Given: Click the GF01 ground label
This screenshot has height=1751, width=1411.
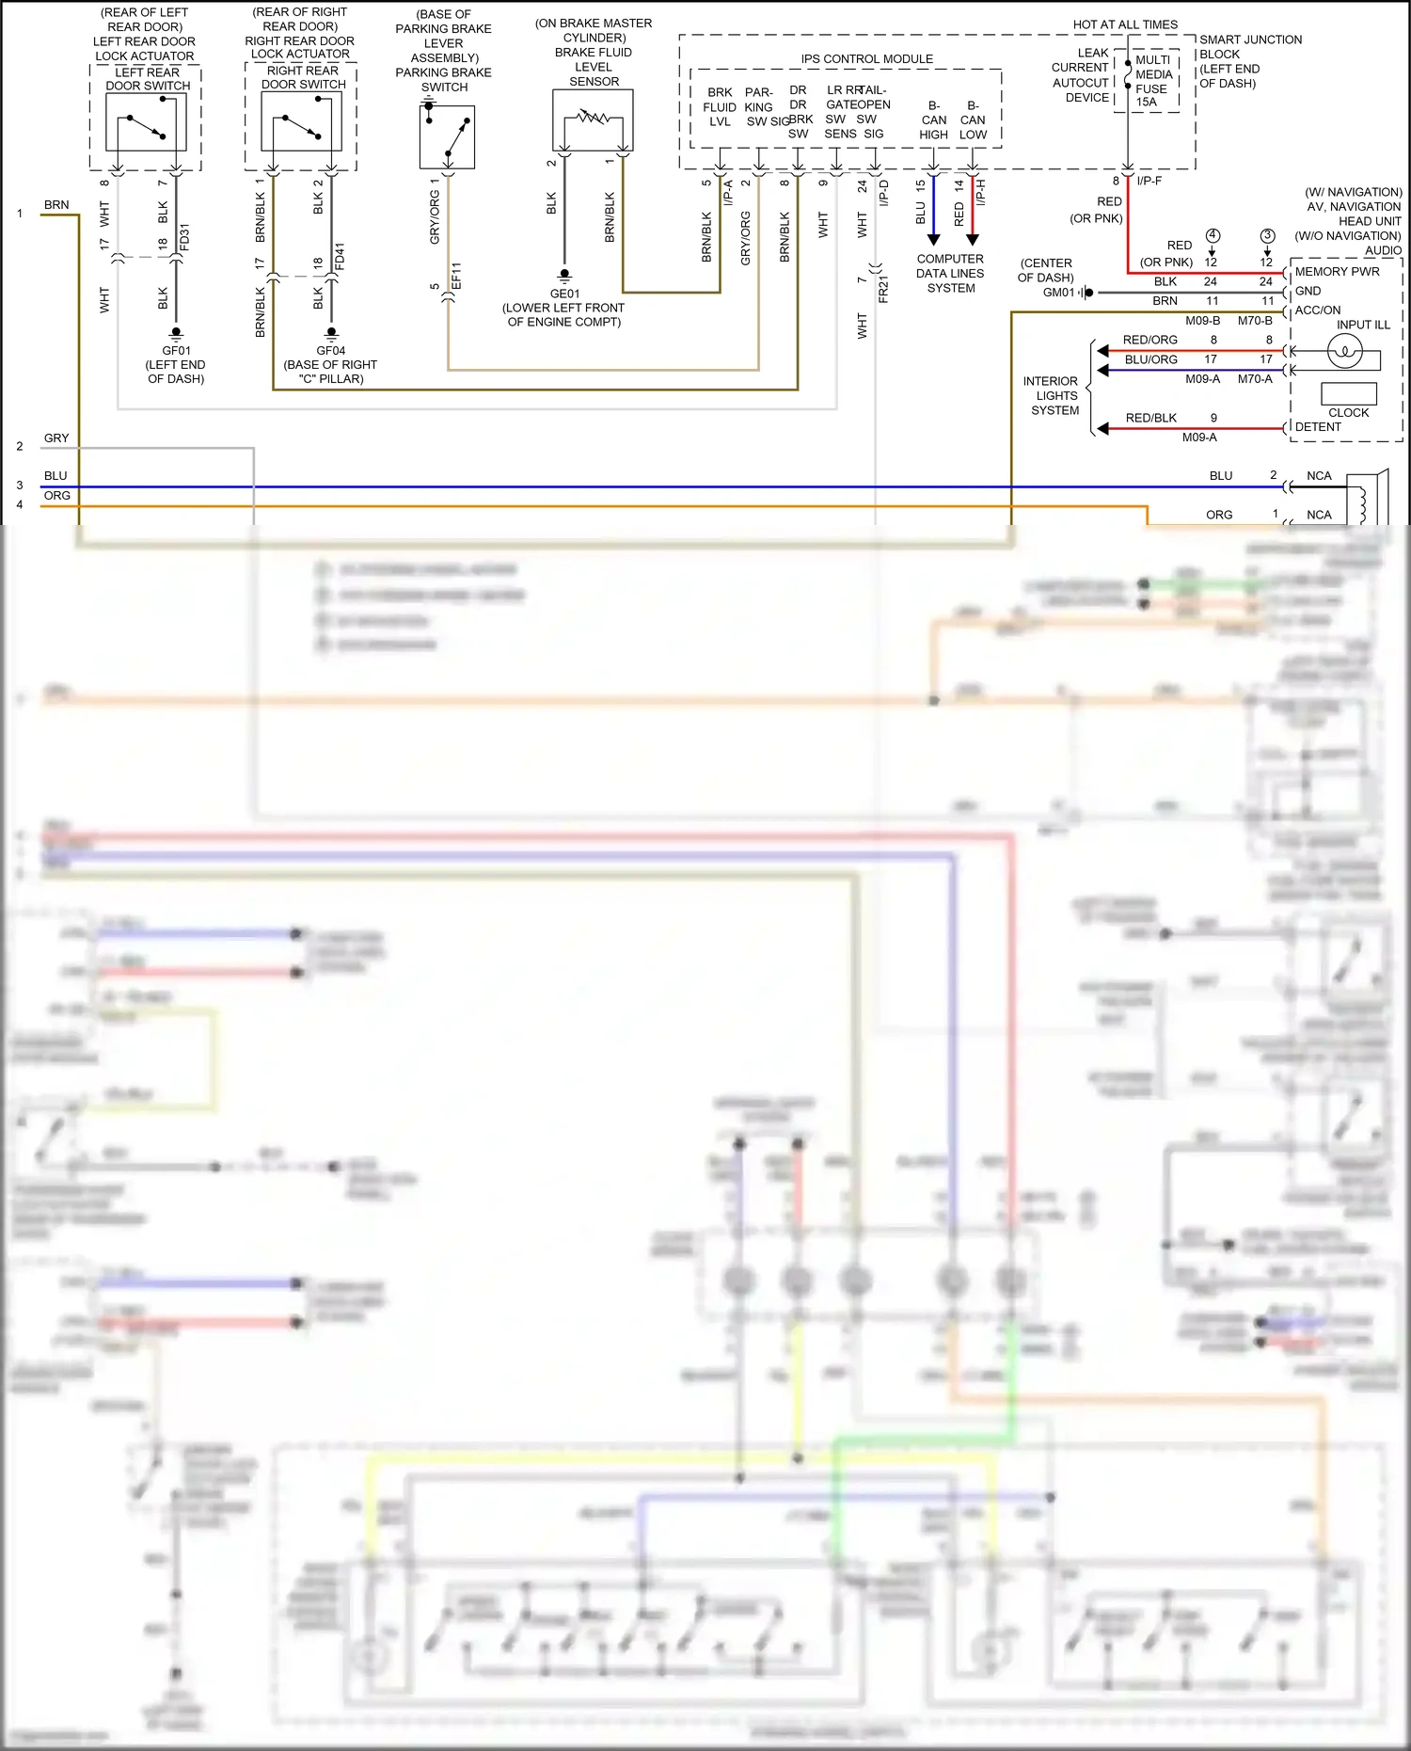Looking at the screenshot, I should (x=176, y=351).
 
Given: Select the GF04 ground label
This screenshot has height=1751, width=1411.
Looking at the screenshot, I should (x=331, y=351).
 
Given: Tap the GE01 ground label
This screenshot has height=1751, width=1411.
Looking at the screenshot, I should (x=564, y=294).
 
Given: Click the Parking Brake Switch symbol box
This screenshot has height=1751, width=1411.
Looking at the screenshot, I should (x=447, y=137).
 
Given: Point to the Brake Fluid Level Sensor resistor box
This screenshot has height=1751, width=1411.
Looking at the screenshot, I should (x=593, y=120).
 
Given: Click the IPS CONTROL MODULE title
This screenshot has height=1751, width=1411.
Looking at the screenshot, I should (x=866, y=58).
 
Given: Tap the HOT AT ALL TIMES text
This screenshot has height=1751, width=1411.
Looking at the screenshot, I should (x=1125, y=24).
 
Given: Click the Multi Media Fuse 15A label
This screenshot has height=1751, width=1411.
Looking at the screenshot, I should (x=1153, y=81).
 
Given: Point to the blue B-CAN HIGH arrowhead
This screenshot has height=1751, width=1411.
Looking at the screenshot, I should (x=933, y=240).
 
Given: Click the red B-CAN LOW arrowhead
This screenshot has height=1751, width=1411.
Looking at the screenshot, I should (x=973, y=240).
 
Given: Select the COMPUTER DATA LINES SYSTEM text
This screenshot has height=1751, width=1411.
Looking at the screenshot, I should (x=950, y=274).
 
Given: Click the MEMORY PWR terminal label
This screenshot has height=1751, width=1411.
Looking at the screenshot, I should (x=1337, y=272).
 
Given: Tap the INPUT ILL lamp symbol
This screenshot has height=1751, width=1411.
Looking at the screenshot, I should (x=1344, y=352).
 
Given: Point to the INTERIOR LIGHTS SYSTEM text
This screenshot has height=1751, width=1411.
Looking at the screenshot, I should (x=1054, y=396).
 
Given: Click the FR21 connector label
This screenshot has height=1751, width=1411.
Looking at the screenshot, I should (x=883, y=289).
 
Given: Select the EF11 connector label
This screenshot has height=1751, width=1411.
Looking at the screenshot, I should (x=456, y=276).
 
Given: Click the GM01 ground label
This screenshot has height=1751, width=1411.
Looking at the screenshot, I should (x=1058, y=293).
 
